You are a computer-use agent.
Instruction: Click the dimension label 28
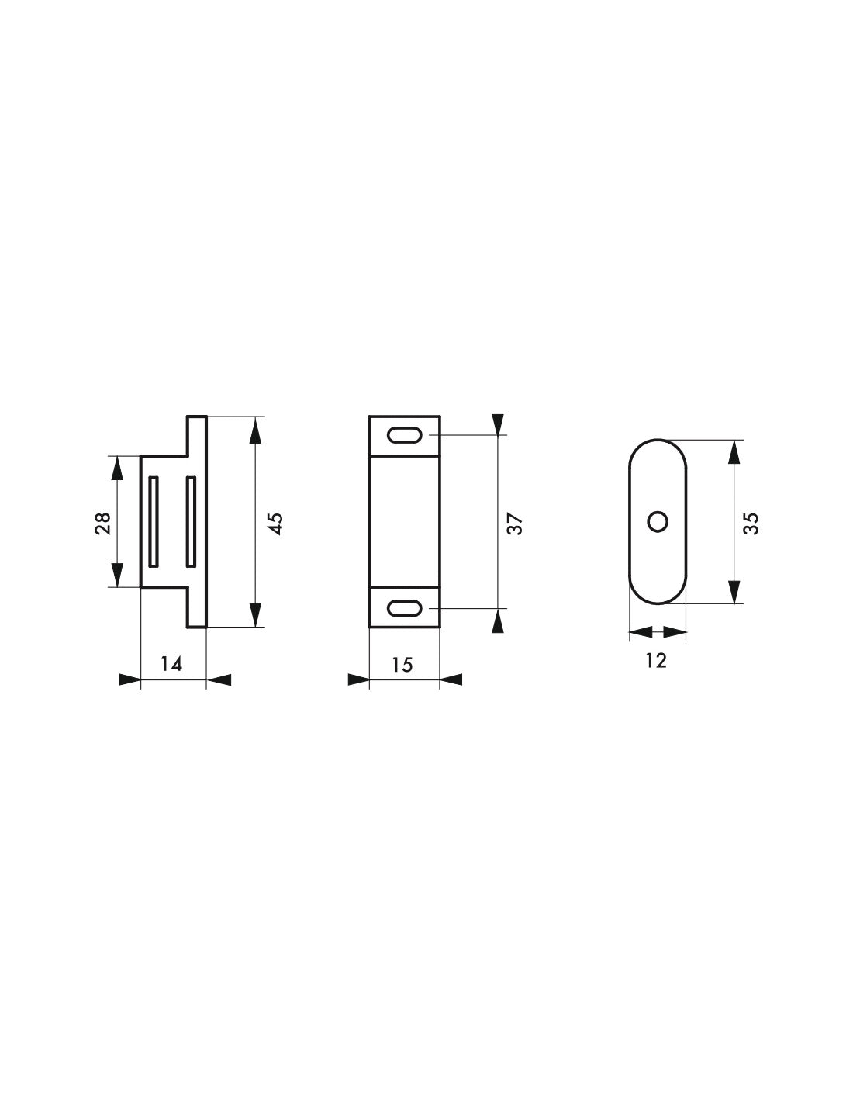102,524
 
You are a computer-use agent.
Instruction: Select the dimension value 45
275,524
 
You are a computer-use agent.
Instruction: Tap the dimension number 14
171,663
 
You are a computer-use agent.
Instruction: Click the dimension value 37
515,524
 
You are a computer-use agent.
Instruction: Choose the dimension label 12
656,660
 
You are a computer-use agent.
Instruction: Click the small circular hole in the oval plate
658,522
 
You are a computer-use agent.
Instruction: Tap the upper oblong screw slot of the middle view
405,435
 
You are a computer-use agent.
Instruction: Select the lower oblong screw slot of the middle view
405,608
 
